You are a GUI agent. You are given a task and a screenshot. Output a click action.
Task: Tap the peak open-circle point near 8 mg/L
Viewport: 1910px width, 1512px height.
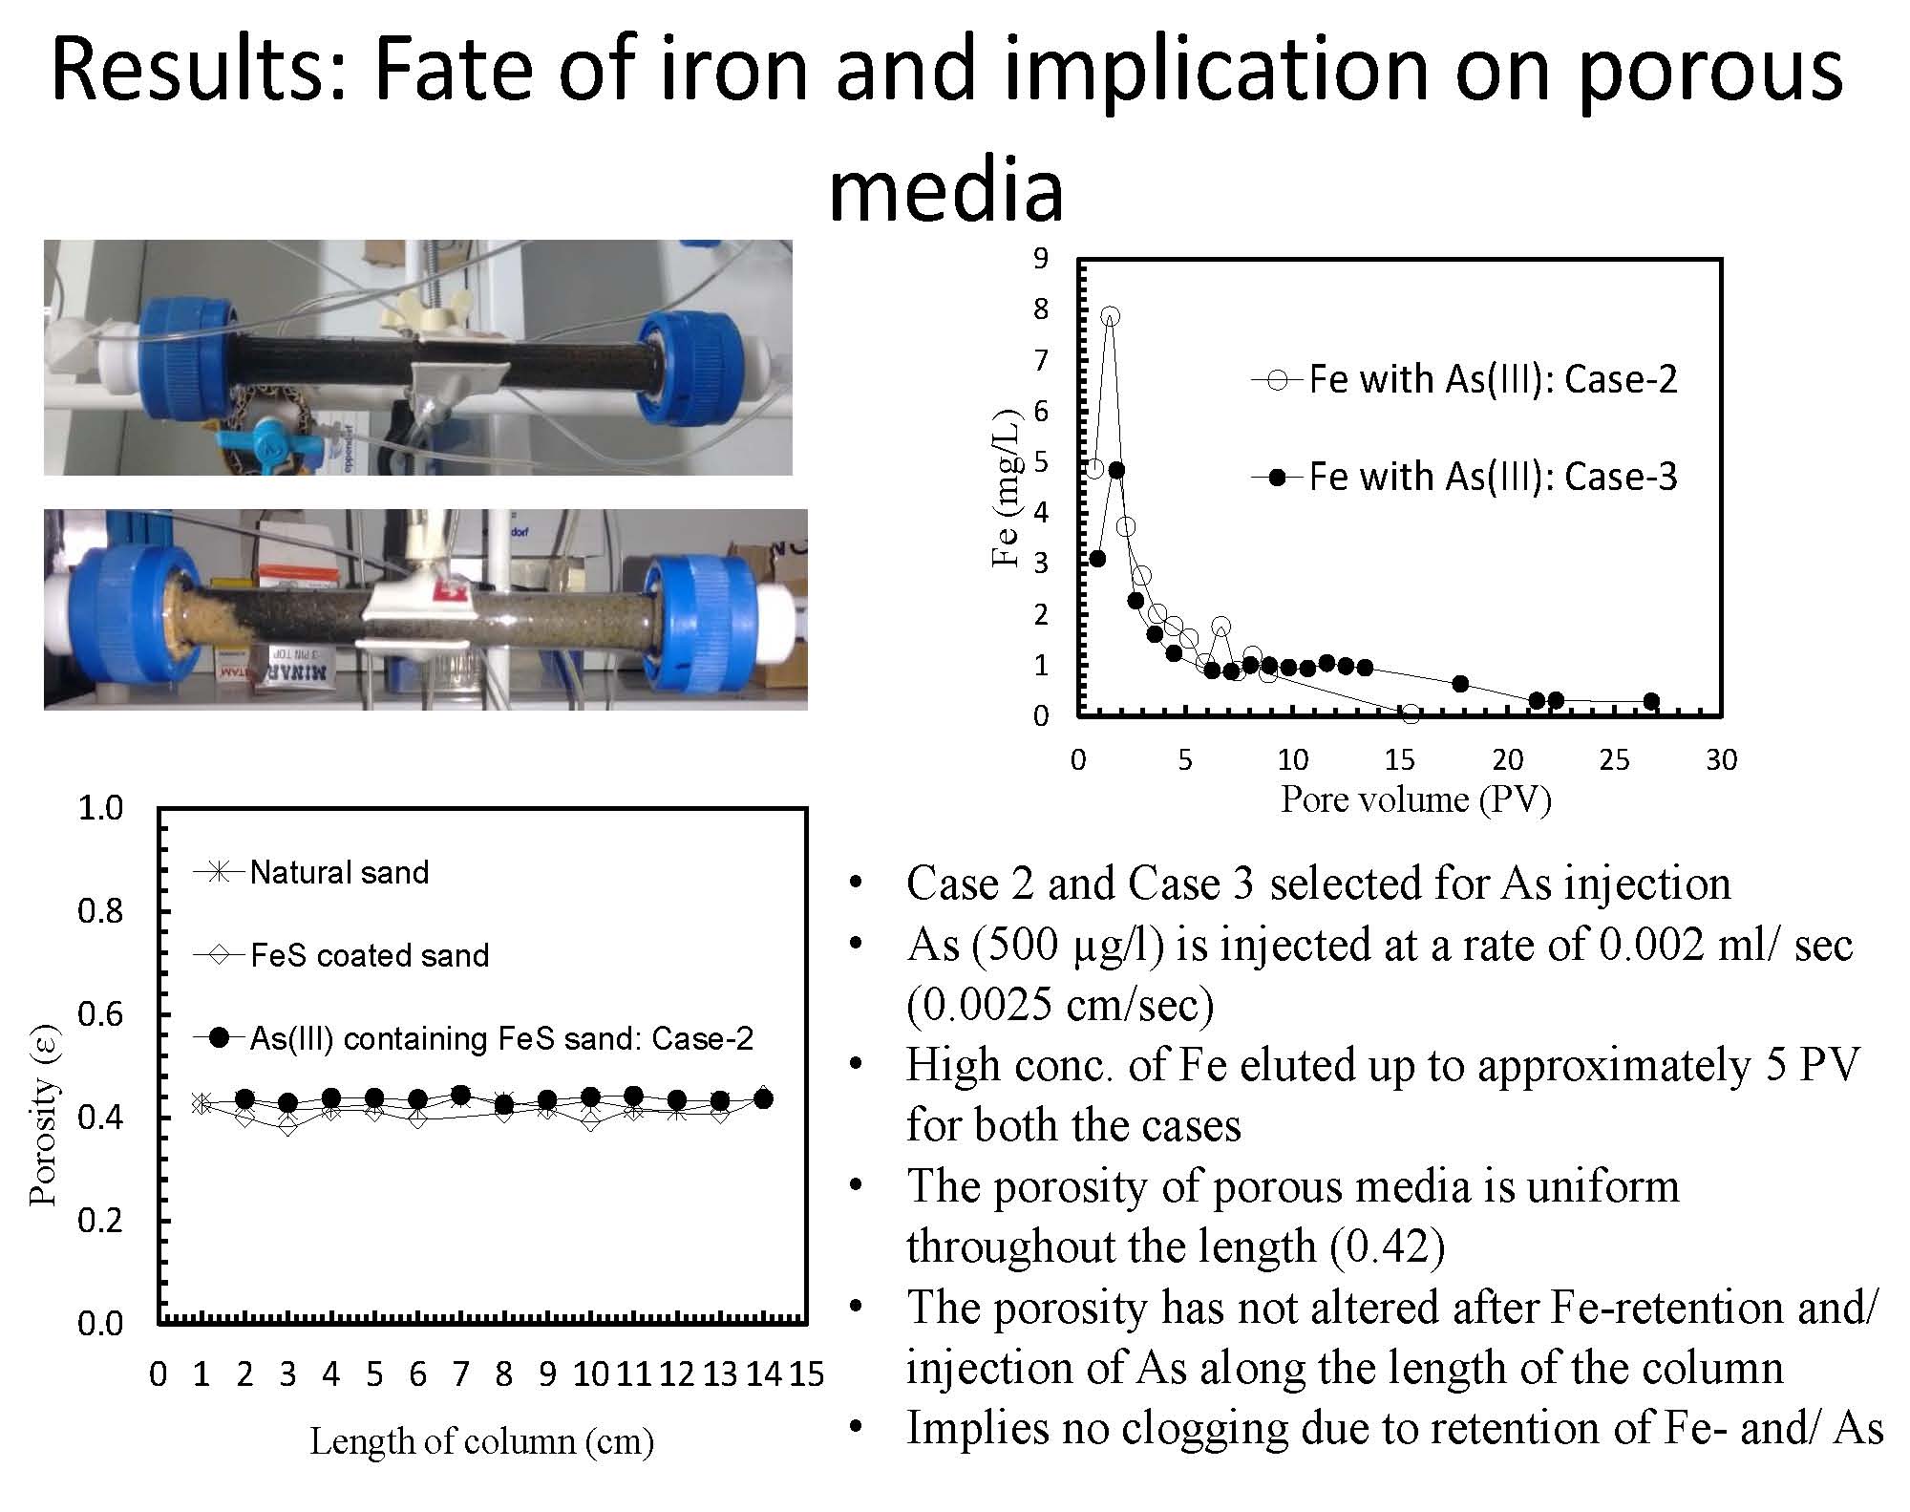click(1110, 316)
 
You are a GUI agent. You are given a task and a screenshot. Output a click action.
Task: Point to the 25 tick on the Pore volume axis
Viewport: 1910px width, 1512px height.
click(1614, 760)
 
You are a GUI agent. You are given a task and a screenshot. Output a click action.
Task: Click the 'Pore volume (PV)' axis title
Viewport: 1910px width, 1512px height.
click(1415, 799)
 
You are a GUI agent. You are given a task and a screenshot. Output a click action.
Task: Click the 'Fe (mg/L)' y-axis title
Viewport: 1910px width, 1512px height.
click(1006, 488)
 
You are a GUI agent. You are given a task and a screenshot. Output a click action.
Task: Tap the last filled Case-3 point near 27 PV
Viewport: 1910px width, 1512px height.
click(1651, 702)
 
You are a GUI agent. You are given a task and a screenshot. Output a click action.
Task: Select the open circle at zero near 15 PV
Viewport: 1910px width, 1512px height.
click(1411, 713)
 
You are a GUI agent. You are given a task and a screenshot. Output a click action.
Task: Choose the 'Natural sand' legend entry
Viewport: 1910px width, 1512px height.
click(311, 872)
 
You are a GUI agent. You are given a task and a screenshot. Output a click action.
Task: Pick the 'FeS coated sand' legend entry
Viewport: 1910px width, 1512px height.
click(341, 955)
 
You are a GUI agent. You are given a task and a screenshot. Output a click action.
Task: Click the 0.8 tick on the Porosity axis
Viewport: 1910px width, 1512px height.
click(100, 911)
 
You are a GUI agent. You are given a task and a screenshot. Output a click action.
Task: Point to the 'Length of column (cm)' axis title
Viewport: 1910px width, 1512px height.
click(481, 1441)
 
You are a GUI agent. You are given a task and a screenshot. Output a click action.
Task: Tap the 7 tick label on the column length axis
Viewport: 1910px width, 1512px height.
click(460, 1374)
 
